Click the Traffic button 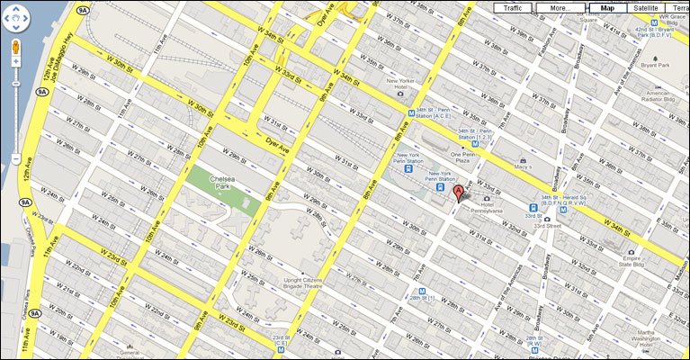pyautogui.click(x=512, y=8)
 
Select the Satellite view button pyautogui.click(x=644, y=8)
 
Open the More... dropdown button pyautogui.click(x=560, y=8)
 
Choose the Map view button pyautogui.click(x=607, y=8)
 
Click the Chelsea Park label pyautogui.click(x=221, y=183)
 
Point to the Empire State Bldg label pyautogui.click(x=611, y=265)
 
